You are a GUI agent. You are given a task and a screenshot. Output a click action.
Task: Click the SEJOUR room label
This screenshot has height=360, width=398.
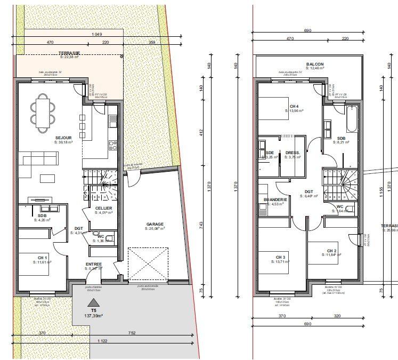point(62,138)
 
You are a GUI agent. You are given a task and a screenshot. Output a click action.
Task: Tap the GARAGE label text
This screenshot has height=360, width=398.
point(155,224)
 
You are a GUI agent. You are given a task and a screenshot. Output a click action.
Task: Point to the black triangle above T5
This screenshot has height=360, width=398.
point(94,302)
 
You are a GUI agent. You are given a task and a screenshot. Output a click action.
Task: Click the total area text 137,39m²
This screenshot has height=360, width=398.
point(94,316)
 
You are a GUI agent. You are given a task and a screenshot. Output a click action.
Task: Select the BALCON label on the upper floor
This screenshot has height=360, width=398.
point(315,64)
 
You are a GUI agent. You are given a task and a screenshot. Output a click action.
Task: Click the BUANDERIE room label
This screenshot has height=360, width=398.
point(275,199)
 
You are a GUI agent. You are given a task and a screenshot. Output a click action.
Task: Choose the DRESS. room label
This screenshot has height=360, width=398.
point(293,153)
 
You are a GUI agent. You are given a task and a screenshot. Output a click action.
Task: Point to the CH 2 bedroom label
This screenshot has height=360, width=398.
point(331,251)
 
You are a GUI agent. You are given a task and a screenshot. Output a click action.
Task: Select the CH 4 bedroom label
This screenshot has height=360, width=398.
point(294,106)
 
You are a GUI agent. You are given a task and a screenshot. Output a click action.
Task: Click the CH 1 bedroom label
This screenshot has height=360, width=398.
point(43,258)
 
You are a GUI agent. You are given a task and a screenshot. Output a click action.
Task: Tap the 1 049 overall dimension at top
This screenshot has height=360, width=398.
point(97,35)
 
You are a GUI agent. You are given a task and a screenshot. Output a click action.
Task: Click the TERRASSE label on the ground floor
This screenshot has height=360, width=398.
point(69,53)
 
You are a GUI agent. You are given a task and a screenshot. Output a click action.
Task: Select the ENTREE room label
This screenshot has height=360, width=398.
point(94,264)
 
